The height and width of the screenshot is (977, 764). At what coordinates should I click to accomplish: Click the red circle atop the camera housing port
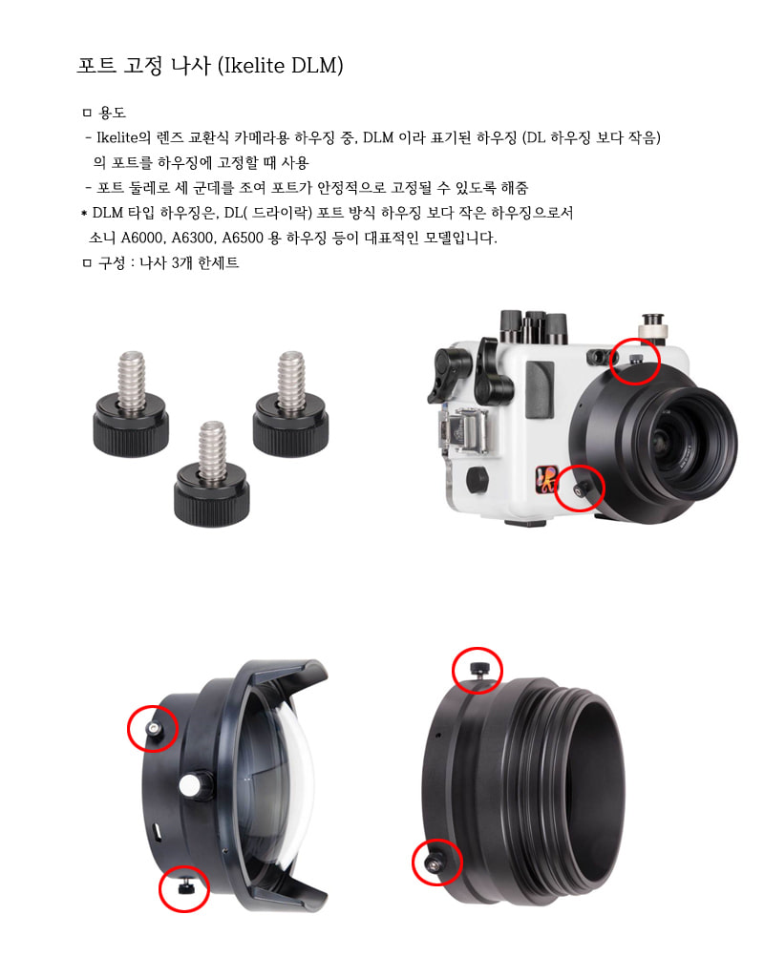(x=635, y=361)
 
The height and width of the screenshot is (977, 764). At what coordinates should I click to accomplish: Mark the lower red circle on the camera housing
(x=580, y=488)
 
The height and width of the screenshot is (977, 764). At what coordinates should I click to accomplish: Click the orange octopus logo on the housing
(x=546, y=478)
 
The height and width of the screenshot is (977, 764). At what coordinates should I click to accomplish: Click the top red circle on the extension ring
(x=477, y=670)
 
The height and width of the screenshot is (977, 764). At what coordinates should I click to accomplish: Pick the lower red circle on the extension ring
(x=436, y=863)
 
